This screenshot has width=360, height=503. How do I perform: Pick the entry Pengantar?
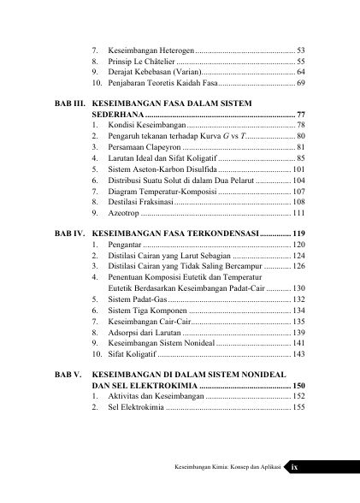point(127,246)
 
